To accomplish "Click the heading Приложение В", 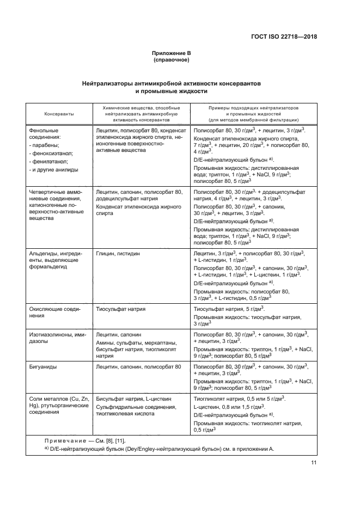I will click(172, 53).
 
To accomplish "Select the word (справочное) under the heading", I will click(172, 60).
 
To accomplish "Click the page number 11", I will click(313, 463).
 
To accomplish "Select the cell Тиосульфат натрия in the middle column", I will click(120, 308).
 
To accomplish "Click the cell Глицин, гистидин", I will click(118, 254).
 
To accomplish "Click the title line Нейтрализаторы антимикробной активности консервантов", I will click(172, 84).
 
